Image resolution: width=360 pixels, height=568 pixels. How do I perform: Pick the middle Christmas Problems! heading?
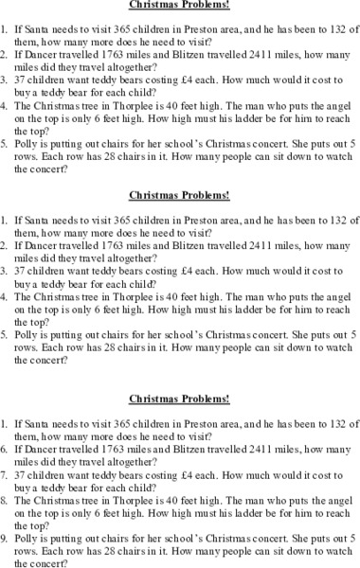(x=179, y=197)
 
